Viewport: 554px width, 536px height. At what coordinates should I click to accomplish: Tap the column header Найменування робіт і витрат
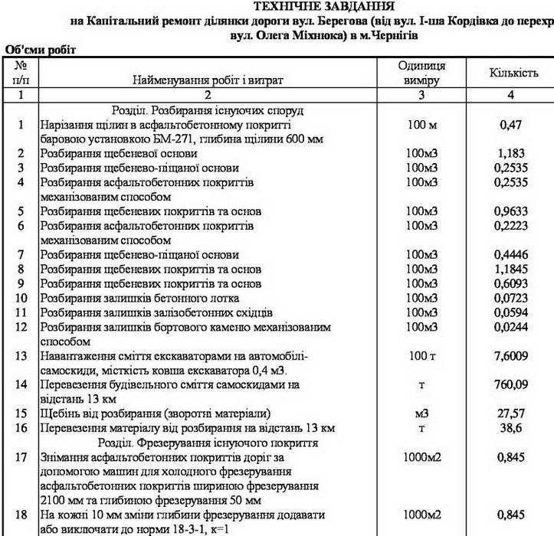(x=208, y=80)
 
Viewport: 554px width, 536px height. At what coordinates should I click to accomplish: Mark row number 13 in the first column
(x=21, y=356)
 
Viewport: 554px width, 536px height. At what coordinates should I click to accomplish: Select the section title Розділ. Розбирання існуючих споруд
(x=208, y=110)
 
